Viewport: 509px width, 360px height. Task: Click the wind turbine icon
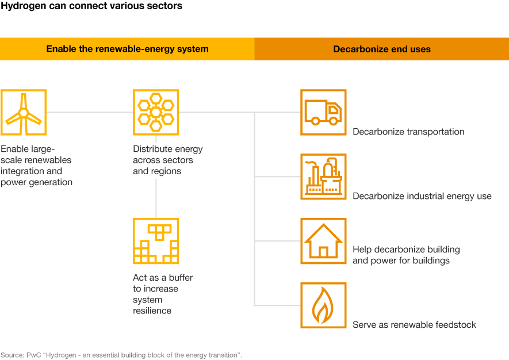pos(24,112)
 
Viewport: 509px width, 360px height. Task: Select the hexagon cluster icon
pos(156,112)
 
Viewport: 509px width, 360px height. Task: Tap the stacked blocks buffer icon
pos(156,241)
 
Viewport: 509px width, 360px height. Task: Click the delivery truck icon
pos(323,112)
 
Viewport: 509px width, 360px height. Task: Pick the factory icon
pos(323,177)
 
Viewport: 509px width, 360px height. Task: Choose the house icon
pos(323,241)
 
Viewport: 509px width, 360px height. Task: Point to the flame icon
pos(323,305)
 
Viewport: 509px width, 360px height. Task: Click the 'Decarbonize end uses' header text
pos(382,49)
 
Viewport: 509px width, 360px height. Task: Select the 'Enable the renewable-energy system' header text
pos(127,49)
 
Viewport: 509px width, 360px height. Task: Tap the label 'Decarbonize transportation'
pos(408,132)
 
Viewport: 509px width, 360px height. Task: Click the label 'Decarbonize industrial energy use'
pos(422,196)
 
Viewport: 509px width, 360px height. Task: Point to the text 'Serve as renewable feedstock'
pos(414,324)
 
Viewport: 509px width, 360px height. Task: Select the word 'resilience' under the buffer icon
pos(152,311)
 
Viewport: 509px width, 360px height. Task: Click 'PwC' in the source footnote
pos(34,355)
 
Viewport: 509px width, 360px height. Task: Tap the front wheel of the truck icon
pos(333,121)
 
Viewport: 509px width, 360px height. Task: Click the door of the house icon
pos(323,252)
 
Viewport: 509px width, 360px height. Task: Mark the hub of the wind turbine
pos(24,113)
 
